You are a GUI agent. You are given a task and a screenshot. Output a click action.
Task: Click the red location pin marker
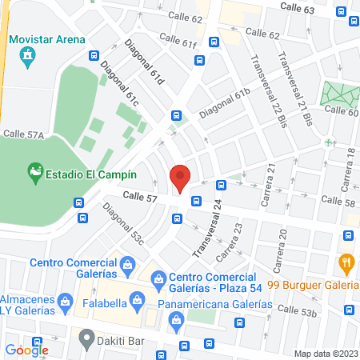181,177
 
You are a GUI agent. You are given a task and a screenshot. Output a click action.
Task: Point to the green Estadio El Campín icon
34,171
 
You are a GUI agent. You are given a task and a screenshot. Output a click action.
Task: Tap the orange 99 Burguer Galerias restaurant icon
346,262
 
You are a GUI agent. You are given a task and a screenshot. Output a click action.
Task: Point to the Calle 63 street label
297,7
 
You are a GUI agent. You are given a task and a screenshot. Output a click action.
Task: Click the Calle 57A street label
23,134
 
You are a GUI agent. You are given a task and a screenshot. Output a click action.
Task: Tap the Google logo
27,349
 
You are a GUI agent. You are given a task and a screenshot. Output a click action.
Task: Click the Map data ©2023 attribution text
325,354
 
